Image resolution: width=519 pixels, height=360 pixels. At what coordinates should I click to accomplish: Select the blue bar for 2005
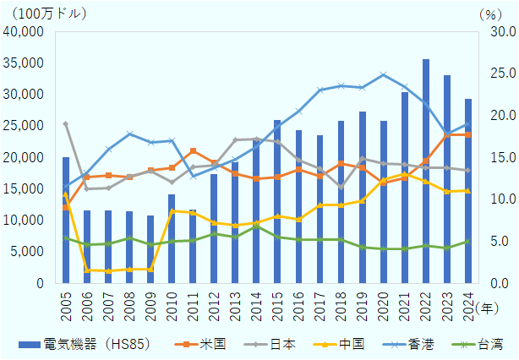66,220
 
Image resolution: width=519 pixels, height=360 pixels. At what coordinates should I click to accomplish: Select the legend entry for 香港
407,344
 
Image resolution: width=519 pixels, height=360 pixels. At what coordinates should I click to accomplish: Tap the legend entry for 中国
340,344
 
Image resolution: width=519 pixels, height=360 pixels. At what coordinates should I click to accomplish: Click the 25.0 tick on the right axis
500,74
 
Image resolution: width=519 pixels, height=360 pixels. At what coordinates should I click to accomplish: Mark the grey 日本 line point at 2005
66,124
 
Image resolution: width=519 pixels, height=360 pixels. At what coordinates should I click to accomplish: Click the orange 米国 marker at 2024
467,134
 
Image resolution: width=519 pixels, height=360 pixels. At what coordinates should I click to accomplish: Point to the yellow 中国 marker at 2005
66,194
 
